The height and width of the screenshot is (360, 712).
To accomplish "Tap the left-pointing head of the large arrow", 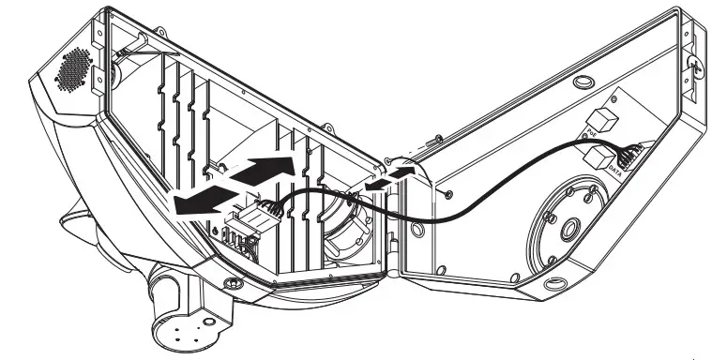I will pyautogui.click(x=178, y=208).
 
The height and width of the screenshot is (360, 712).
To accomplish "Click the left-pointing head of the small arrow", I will pyautogui.click(x=370, y=188).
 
